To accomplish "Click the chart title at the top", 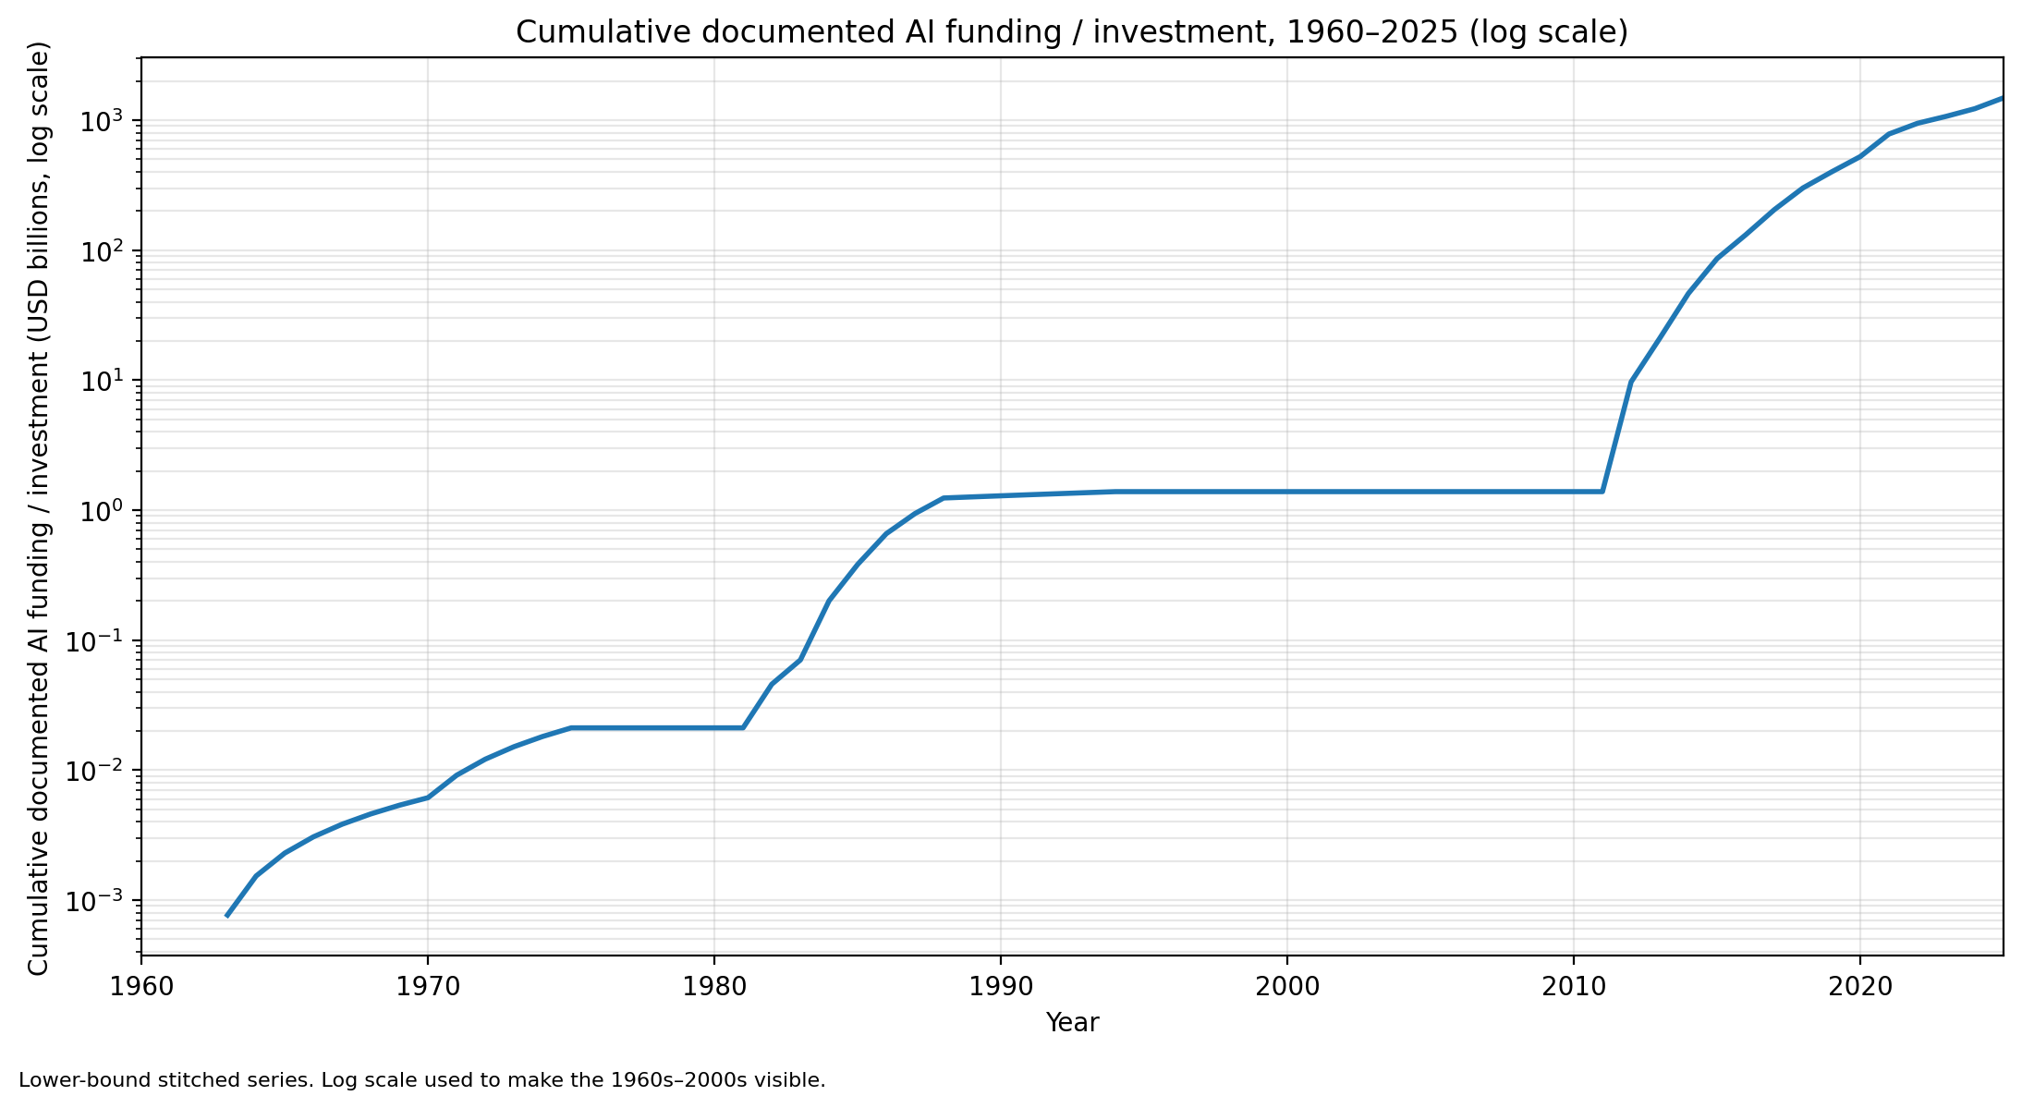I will [x=1071, y=32].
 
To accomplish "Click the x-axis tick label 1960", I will [x=140, y=986].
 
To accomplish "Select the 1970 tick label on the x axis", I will [x=427, y=986].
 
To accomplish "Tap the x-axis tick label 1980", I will [x=713, y=986].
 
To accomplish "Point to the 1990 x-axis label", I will [x=1000, y=986].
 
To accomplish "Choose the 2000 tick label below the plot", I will [x=1286, y=986].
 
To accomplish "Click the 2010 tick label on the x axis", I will [x=1573, y=986].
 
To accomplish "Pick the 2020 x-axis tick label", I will [x=1859, y=986].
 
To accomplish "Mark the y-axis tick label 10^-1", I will [x=99, y=640].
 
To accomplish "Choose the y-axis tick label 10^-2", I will [x=99, y=770].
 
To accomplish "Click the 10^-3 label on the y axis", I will [x=99, y=900].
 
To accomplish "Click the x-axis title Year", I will [x=1072, y=1022].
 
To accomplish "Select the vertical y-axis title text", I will [x=38, y=508].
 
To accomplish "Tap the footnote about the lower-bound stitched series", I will [x=421, y=1080].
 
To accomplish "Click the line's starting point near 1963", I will [x=226, y=916].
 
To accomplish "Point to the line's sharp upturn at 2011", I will [x=1602, y=492].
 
